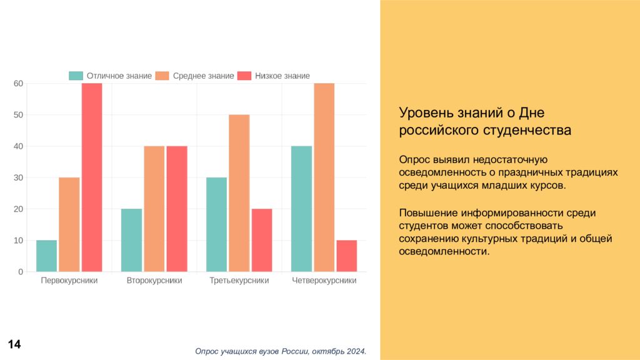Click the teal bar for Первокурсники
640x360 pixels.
click(x=46, y=256)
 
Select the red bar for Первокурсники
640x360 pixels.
click(x=92, y=177)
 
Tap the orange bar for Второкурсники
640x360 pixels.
click(x=154, y=209)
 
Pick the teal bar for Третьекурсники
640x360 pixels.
click(x=216, y=224)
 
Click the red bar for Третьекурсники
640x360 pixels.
click(x=262, y=240)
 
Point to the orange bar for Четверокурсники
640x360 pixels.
click(x=324, y=177)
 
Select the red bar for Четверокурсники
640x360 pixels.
click(x=347, y=256)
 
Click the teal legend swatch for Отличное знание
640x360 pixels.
click(x=76, y=76)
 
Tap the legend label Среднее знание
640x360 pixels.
click(x=203, y=76)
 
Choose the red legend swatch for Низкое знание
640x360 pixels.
click(x=244, y=76)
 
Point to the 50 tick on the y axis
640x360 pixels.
click(x=18, y=115)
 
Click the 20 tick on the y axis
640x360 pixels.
click(x=18, y=209)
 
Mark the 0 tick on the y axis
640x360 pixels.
click(x=21, y=272)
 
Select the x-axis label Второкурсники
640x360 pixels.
click(x=154, y=281)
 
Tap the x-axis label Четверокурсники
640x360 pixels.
click(x=324, y=281)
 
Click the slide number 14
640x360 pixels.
click(x=14, y=344)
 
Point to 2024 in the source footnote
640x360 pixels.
click(x=354, y=351)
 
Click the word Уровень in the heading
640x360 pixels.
click(x=422, y=113)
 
